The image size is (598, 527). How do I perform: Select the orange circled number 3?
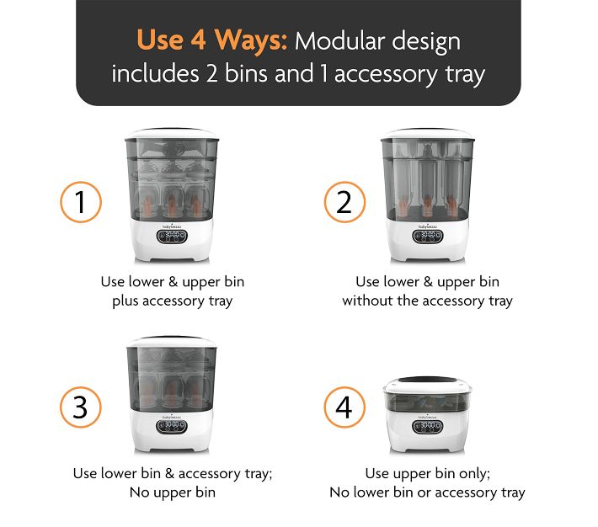click(81, 407)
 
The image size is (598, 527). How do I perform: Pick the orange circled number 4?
click(345, 407)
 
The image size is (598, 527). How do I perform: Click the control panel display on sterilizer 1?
click(173, 237)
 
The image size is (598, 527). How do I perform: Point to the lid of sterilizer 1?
click(173, 135)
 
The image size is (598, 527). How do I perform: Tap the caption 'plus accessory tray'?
click(173, 301)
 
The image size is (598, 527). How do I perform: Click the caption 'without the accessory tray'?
click(427, 301)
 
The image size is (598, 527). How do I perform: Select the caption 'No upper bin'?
click(173, 492)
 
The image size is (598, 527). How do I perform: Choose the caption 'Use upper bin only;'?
click(427, 473)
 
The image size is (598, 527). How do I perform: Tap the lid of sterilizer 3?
click(173, 341)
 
